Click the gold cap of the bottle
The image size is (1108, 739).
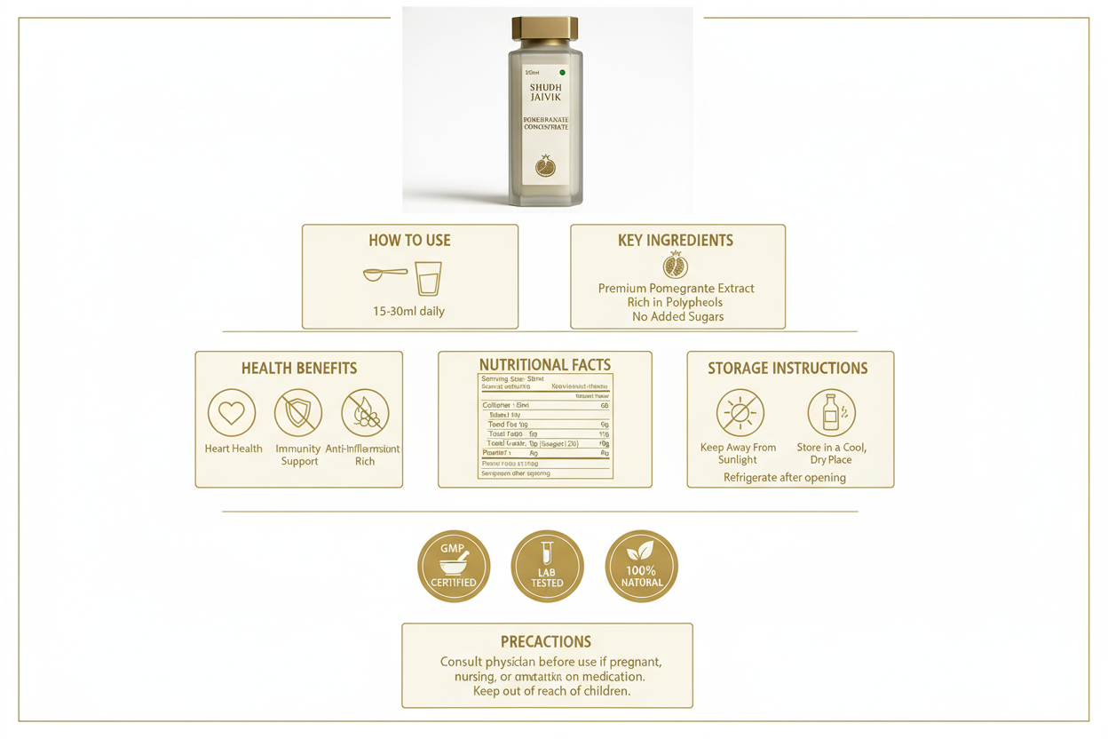[545, 29]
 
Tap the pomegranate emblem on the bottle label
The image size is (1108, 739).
[545, 166]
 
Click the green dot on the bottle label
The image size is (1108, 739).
[562, 72]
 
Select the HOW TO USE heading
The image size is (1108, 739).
[409, 241]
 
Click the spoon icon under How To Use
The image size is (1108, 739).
[384, 274]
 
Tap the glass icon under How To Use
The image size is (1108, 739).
[428, 278]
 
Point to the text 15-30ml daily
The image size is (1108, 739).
[409, 312]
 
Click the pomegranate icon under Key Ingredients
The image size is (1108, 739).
[676, 266]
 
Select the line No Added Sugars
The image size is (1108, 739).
[677, 316]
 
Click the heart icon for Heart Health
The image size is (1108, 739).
[232, 413]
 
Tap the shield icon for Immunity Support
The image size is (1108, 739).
[298, 413]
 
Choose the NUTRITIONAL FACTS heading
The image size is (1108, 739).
[545, 365]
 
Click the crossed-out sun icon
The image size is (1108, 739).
[740, 413]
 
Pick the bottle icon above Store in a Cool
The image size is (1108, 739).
[831, 413]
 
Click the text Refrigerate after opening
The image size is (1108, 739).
[785, 478]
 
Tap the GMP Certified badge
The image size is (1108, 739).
[454, 566]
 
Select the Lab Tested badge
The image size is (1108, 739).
[547, 566]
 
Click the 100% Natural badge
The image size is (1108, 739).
[641, 566]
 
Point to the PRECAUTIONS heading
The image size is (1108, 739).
[546, 641]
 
